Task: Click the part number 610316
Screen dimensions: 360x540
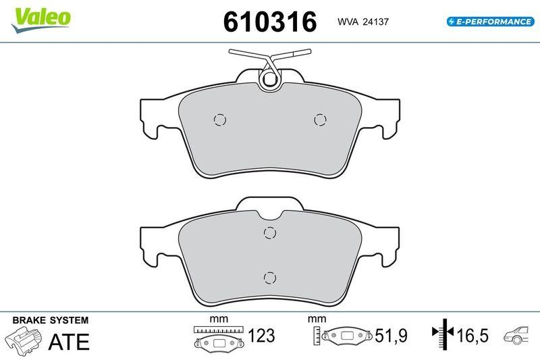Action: tap(270, 22)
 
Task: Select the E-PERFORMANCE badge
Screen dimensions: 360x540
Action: tap(491, 22)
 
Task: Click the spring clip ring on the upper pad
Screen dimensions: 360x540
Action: tap(270, 80)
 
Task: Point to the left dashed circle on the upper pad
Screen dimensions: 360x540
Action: tap(219, 120)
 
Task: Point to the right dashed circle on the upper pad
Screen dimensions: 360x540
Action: tap(321, 120)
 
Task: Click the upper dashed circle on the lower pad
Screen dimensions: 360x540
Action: tap(270, 233)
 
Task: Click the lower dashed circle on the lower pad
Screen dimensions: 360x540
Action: tap(270, 277)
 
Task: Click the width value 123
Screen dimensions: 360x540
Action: tap(262, 336)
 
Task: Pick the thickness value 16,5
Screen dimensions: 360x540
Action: tap(473, 336)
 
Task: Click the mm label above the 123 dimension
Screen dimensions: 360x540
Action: tap(217, 319)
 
